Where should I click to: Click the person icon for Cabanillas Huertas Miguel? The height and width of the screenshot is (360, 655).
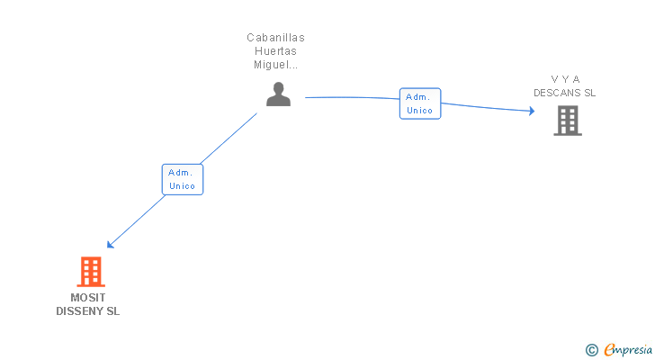(278, 94)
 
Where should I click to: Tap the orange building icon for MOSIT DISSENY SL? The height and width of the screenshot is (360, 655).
(90, 271)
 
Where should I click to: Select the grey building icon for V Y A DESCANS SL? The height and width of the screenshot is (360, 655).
(567, 121)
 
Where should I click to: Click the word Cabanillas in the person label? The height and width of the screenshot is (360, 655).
(276, 38)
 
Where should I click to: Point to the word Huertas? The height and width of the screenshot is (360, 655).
(276, 51)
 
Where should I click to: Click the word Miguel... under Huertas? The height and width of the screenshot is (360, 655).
(276, 65)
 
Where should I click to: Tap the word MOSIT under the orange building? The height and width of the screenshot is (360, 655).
(87, 298)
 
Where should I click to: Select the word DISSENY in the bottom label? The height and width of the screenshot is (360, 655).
(80, 311)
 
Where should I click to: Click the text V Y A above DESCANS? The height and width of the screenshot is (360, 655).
(565, 79)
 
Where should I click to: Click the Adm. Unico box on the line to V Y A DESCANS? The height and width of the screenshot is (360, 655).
(420, 103)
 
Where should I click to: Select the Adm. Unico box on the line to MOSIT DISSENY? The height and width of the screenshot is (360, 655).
(182, 179)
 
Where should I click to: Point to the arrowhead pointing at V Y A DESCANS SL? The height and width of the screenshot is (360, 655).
(532, 111)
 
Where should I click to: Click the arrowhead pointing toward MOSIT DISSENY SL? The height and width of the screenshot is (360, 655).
(110, 244)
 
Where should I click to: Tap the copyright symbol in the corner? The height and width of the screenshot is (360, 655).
(592, 350)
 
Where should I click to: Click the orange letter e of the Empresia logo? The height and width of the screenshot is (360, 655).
(609, 350)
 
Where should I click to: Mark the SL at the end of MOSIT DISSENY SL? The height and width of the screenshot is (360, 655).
(112, 311)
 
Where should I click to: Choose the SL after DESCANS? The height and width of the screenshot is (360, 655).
(589, 93)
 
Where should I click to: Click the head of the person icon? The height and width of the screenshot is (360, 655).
(278, 88)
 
